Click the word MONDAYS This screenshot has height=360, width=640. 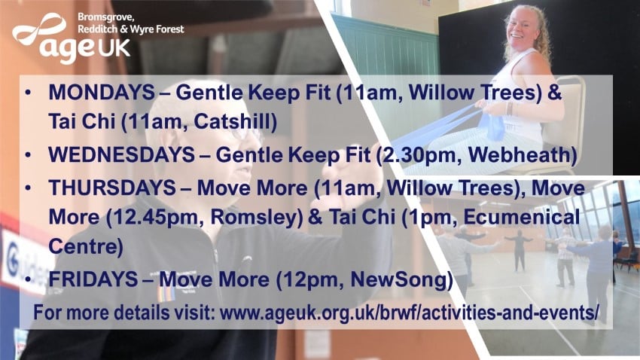pyautogui.click(x=101, y=92)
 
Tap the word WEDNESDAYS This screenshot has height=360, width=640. pyautogui.click(x=121, y=154)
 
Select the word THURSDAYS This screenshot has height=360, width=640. pyautogui.click(x=112, y=188)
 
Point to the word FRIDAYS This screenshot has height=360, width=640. pyautogui.click(x=93, y=279)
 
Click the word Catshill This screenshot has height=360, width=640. pyautogui.click(x=236, y=122)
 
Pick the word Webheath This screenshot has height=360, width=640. pyautogui.click(x=523, y=155)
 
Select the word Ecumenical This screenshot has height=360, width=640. pyautogui.click(x=522, y=217)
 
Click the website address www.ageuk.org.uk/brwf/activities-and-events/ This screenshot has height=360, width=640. pyautogui.click(x=410, y=313)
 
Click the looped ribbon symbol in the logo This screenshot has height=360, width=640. pyautogui.click(x=40, y=29)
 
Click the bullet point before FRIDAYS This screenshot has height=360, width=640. pyautogui.click(x=28, y=279)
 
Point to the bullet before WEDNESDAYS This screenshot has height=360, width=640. pyautogui.click(x=28, y=155)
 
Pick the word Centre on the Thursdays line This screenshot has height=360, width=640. pyautogui.click(x=86, y=247)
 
